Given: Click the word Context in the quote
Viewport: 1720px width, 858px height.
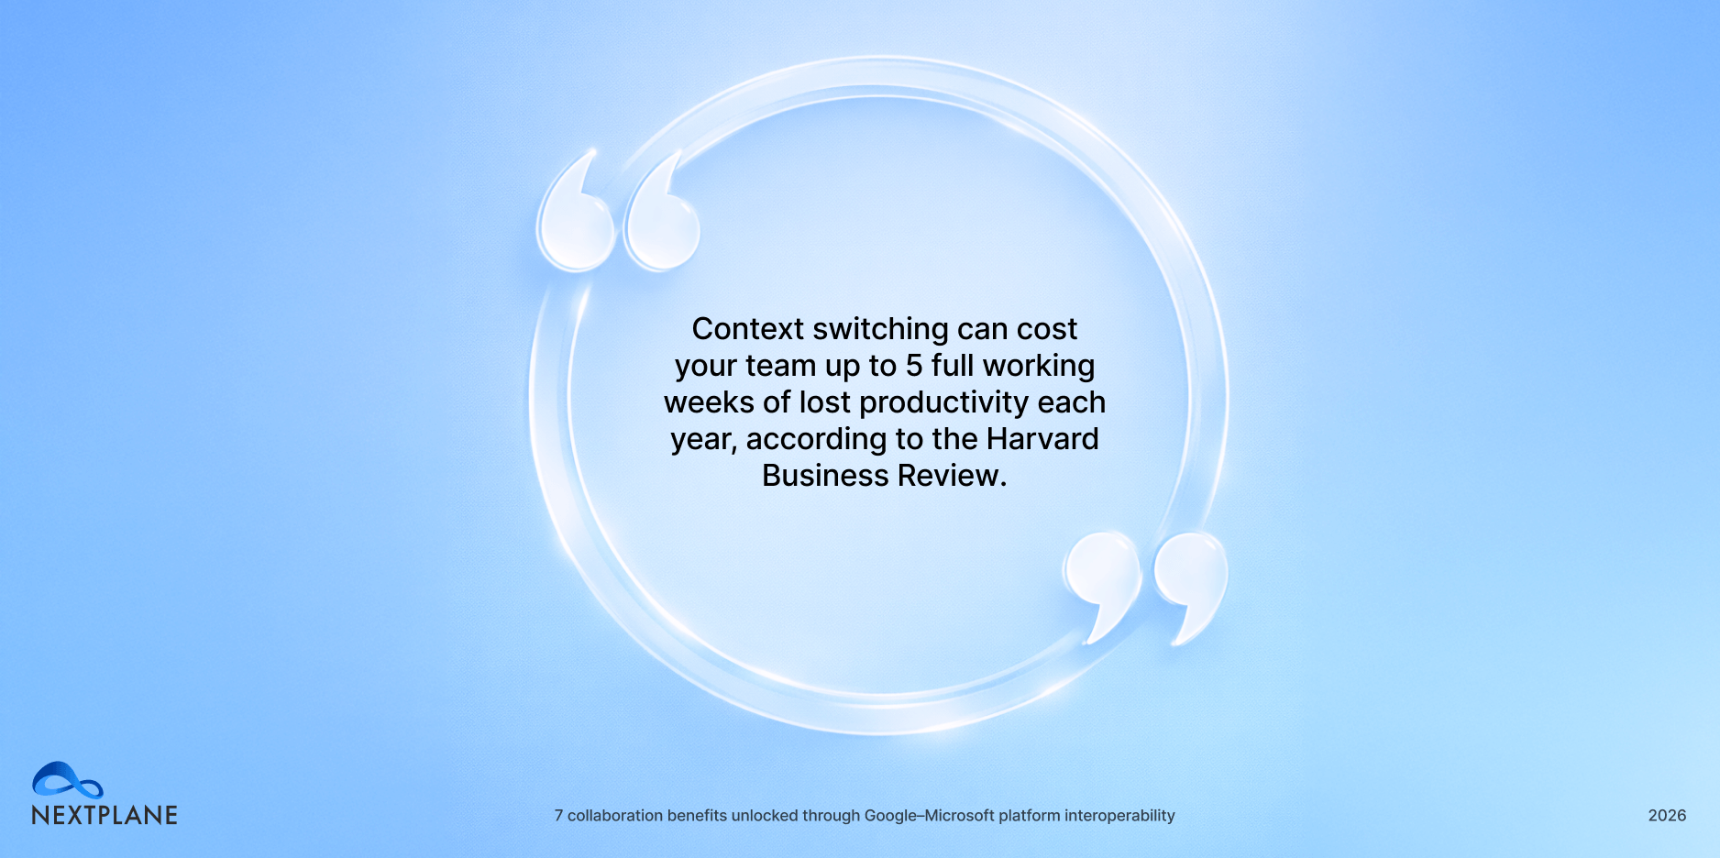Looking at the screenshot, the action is point(747,329).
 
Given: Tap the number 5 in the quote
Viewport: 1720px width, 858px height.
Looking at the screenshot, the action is point(914,366).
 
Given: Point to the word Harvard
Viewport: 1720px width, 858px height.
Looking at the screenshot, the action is point(1042,439).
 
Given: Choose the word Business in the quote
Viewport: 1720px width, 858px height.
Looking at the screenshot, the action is point(825,476).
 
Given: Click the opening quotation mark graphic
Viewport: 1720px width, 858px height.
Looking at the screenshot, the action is point(619,212).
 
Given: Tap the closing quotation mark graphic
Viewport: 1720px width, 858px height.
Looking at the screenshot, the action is point(1145,588).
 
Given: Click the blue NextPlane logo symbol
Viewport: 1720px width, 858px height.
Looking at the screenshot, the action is point(67,780).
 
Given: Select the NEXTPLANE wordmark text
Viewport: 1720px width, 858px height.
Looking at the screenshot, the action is point(105,816).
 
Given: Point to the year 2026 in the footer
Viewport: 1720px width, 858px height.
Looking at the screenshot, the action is point(1667,816).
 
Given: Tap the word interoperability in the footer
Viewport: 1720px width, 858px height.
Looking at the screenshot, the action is point(1119,816).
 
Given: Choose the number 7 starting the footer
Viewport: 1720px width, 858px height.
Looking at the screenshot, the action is point(559,816).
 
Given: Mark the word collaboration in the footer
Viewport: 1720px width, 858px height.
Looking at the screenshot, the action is point(615,816).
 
